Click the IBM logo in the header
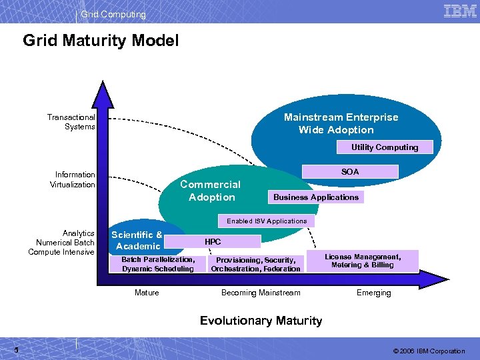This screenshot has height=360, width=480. [x=459, y=11]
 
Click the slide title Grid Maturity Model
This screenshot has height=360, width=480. [x=101, y=41]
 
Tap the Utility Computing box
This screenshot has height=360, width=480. [x=385, y=147]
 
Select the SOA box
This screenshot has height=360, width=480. [x=350, y=172]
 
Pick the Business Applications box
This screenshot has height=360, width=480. [x=315, y=197]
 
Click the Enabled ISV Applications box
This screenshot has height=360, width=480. [x=267, y=221]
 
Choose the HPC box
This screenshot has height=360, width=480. [x=213, y=241]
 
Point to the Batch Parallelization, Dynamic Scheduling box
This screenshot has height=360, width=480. [x=158, y=264]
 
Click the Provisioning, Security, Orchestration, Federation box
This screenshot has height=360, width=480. [x=255, y=264]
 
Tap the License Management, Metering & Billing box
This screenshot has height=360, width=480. [x=363, y=261]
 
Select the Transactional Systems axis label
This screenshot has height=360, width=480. [x=71, y=122]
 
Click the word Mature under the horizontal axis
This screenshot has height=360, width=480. [x=147, y=293]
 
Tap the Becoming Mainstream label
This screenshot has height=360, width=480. [x=261, y=293]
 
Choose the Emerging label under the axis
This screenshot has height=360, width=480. [x=373, y=293]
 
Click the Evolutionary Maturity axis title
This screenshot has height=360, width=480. [x=261, y=321]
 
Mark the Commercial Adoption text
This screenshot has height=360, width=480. [x=211, y=191]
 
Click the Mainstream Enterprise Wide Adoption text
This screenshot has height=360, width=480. [x=341, y=123]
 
